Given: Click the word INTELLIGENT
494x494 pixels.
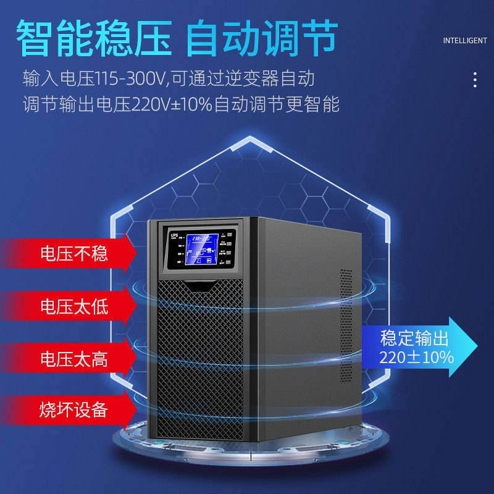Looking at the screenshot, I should point(465,41).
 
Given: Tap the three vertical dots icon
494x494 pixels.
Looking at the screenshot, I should point(474,80).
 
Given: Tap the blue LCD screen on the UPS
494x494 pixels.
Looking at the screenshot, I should point(201,249).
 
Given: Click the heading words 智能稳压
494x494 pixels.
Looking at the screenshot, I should point(93,38).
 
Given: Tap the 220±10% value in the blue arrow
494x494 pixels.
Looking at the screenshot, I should point(416,357).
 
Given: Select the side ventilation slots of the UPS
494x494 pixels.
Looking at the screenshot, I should point(346,327).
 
